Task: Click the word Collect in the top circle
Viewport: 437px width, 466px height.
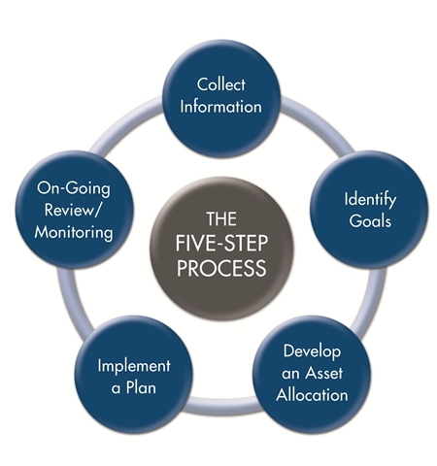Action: click(221, 84)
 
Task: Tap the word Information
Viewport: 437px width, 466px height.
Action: click(221, 107)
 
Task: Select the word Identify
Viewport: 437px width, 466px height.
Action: click(370, 200)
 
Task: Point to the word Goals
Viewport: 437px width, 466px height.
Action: click(370, 220)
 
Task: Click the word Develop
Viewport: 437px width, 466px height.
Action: click(312, 351)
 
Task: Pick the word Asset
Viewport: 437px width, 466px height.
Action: click(324, 373)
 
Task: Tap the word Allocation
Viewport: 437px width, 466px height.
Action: click(312, 395)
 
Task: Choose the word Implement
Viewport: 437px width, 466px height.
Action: click(134, 366)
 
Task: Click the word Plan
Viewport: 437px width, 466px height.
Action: click(141, 387)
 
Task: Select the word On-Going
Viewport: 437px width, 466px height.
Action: click(74, 188)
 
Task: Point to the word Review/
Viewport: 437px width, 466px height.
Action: click(73, 210)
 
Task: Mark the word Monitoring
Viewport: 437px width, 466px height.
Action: click(74, 232)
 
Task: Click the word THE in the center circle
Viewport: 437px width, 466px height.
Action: click(221, 218)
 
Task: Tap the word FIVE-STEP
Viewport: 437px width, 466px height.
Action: click(221, 244)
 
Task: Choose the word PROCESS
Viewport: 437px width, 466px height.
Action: click(221, 268)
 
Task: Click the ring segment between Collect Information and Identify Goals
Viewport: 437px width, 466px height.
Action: click(319, 123)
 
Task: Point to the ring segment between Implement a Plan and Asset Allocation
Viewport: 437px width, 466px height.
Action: click(222, 405)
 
